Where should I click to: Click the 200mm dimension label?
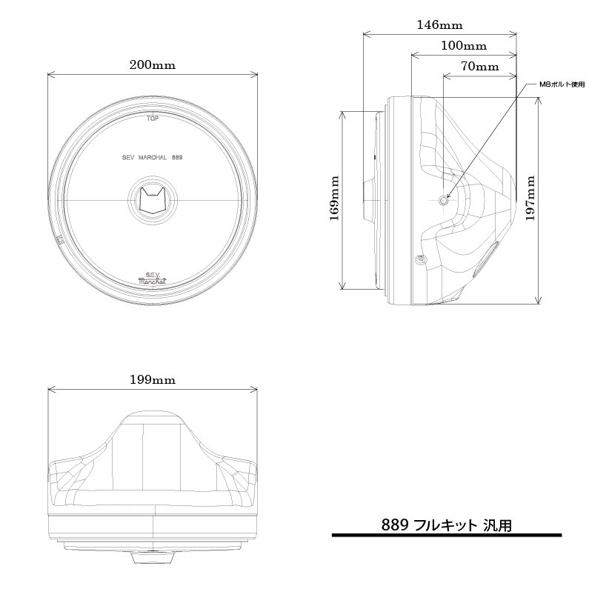tap(152, 64)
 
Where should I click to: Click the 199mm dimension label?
tap(152, 379)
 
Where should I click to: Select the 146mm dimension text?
tap(439, 24)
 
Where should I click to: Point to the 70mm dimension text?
tap(479, 66)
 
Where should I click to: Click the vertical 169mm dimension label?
tap(334, 200)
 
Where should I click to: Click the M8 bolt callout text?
tap(561, 84)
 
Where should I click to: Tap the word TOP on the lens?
tap(153, 118)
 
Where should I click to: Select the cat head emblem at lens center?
tap(152, 200)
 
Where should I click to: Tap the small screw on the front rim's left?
tap(59, 239)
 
